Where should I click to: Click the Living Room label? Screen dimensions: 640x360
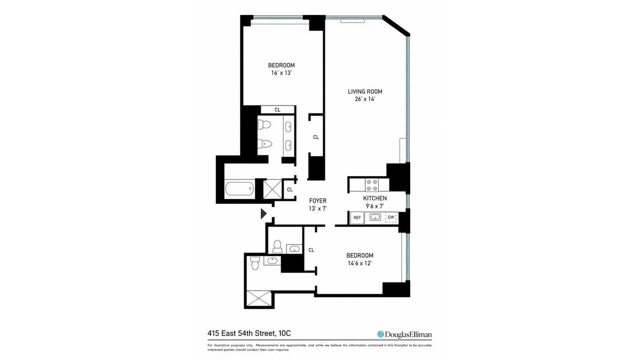365,92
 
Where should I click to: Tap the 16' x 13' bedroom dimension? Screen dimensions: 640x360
281,73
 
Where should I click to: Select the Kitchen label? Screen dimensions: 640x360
375,198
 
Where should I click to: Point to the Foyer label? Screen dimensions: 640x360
318,201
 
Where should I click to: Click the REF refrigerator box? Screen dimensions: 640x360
357,218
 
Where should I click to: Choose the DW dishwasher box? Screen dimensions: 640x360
391,218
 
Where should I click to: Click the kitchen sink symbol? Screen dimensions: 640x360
375,217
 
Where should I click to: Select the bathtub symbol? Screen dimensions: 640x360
239,189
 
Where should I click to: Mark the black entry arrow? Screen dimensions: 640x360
263,214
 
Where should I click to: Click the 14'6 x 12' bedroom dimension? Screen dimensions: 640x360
359,263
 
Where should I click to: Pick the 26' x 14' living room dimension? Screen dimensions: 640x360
365,99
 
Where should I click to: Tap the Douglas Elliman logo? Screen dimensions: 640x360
404,334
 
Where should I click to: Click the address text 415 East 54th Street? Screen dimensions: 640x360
241,333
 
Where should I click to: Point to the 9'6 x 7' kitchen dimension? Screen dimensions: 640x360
375,206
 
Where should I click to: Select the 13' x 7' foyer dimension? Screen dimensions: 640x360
318,209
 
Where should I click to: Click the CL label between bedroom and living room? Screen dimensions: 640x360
316,137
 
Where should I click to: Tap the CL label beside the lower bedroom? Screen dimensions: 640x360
311,250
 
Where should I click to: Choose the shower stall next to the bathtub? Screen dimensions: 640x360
273,189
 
